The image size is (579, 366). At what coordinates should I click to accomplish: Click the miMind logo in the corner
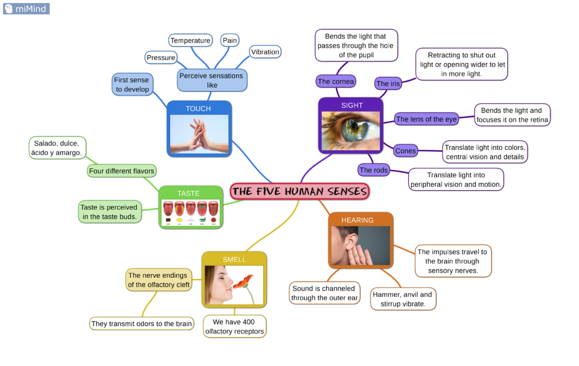point(26,9)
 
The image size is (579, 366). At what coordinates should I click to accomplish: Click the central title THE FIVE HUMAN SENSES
point(300,191)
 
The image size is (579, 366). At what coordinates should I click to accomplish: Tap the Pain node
point(230,40)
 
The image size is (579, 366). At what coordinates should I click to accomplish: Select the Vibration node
point(265,52)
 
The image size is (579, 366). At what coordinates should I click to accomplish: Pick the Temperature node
point(190,41)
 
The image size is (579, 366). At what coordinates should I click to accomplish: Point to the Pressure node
point(161,58)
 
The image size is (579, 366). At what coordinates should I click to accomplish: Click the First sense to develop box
point(132,84)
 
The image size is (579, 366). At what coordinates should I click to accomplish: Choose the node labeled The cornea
point(335,81)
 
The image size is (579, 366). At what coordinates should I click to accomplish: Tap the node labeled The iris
point(388,84)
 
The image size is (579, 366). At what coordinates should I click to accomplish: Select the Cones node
point(405,151)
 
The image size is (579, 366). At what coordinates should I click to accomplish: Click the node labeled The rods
point(373,170)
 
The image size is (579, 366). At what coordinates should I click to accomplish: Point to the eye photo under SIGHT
point(351,131)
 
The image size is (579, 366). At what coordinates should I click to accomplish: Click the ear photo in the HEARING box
point(360,246)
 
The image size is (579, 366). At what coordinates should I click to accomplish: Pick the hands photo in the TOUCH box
point(199,134)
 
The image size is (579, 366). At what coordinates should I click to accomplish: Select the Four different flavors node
point(122,171)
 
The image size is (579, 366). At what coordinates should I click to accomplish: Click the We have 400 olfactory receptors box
point(234,326)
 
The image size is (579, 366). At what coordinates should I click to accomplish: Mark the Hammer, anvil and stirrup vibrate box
point(402,299)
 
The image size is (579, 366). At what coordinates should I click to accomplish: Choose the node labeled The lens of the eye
point(426,119)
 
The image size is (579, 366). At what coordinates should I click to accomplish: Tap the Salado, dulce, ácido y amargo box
point(57,147)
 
